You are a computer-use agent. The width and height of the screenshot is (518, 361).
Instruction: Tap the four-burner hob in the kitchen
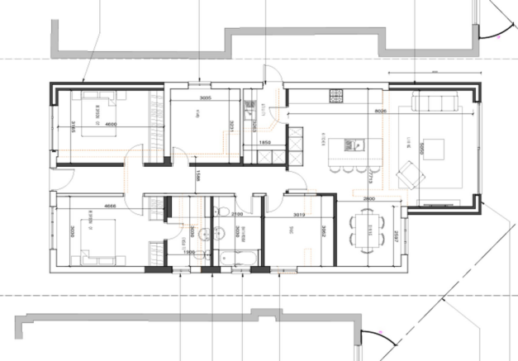(x=336, y=96)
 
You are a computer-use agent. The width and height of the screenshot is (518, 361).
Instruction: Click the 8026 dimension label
(x=381, y=109)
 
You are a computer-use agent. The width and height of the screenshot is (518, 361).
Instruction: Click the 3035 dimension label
(x=206, y=98)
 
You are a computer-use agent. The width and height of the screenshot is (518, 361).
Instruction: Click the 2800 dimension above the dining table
(x=369, y=199)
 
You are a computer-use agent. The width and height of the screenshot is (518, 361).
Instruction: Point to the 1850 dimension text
(x=265, y=142)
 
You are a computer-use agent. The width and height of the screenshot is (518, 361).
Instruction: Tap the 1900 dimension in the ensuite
(x=188, y=251)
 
